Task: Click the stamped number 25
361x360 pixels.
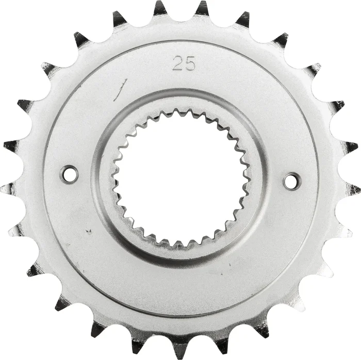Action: pos(184,64)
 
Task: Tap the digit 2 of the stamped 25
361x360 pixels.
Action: pos(178,64)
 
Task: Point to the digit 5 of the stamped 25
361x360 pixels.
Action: pos(190,64)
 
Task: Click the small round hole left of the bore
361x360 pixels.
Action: pos(69,174)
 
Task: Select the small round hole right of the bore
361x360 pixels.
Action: pos(291,181)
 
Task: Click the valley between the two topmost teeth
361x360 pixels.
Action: pos(180,18)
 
